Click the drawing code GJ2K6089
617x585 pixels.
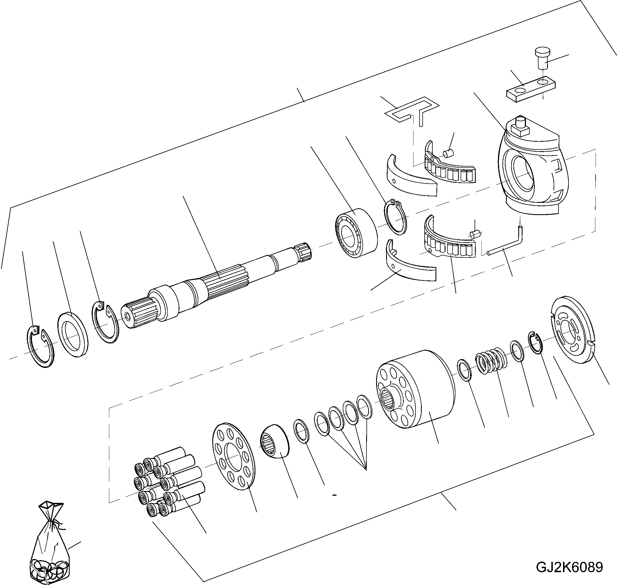coord(569,567)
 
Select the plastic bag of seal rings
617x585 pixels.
coord(50,548)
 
